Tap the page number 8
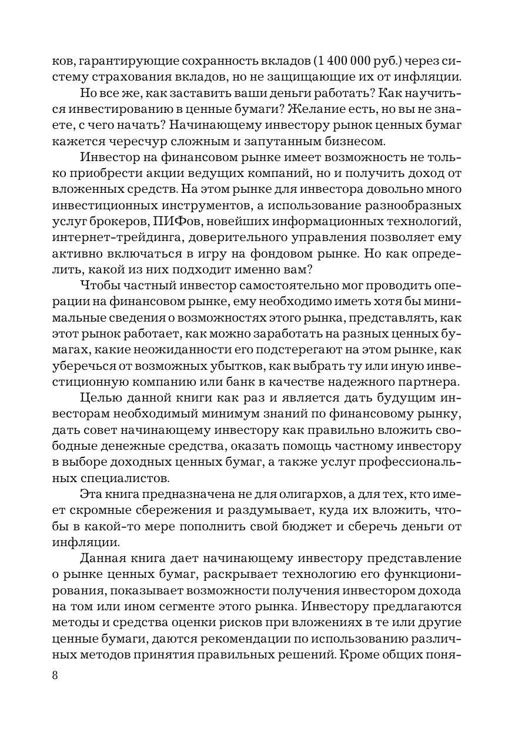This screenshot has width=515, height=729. (55, 674)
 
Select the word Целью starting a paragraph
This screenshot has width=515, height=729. (101, 398)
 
